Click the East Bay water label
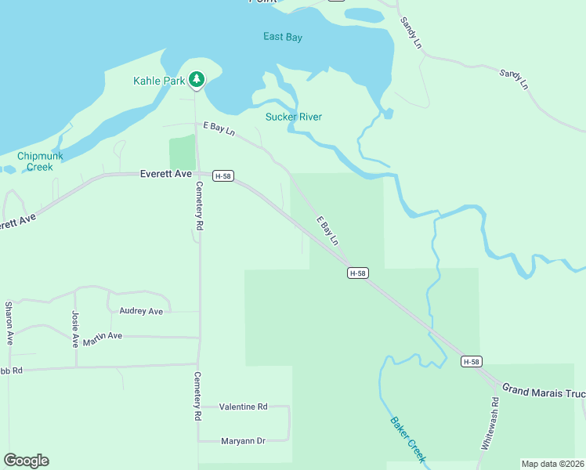(x=283, y=37)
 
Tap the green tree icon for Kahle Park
(x=197, y=80)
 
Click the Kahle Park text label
(x=159, y=81)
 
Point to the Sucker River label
(x=294, y=117)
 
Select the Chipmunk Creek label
(x=35, y=161)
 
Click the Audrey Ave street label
(x=141, y=311)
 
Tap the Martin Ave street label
(x=104, y=336)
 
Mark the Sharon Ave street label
(x=9, y=323)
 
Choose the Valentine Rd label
(x=243, y=407)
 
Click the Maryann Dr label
(x=244, y=441)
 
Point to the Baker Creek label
(x=408, y=438)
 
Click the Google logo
(x=26, y=461)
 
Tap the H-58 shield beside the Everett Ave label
(x=222, y=176)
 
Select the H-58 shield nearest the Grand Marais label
(x=470, y=361)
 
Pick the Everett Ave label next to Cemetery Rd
(x=165, y=174)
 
